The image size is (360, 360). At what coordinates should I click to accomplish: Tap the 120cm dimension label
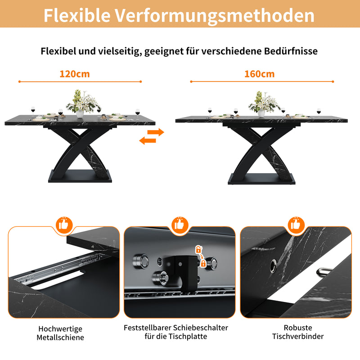[74, 74]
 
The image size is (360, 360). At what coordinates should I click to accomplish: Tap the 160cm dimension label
[259, 74]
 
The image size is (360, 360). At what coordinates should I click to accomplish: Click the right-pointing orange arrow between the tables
[156, 132]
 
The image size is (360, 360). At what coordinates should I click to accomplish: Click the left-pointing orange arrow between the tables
[147, 141]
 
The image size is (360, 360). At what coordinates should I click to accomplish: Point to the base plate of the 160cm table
[261, 179]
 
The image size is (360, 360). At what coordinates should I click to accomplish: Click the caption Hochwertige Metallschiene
[61, 333]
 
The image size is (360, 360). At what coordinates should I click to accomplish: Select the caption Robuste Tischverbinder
[297, 332]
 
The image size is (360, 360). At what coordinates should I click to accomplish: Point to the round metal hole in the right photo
[273, 269]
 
